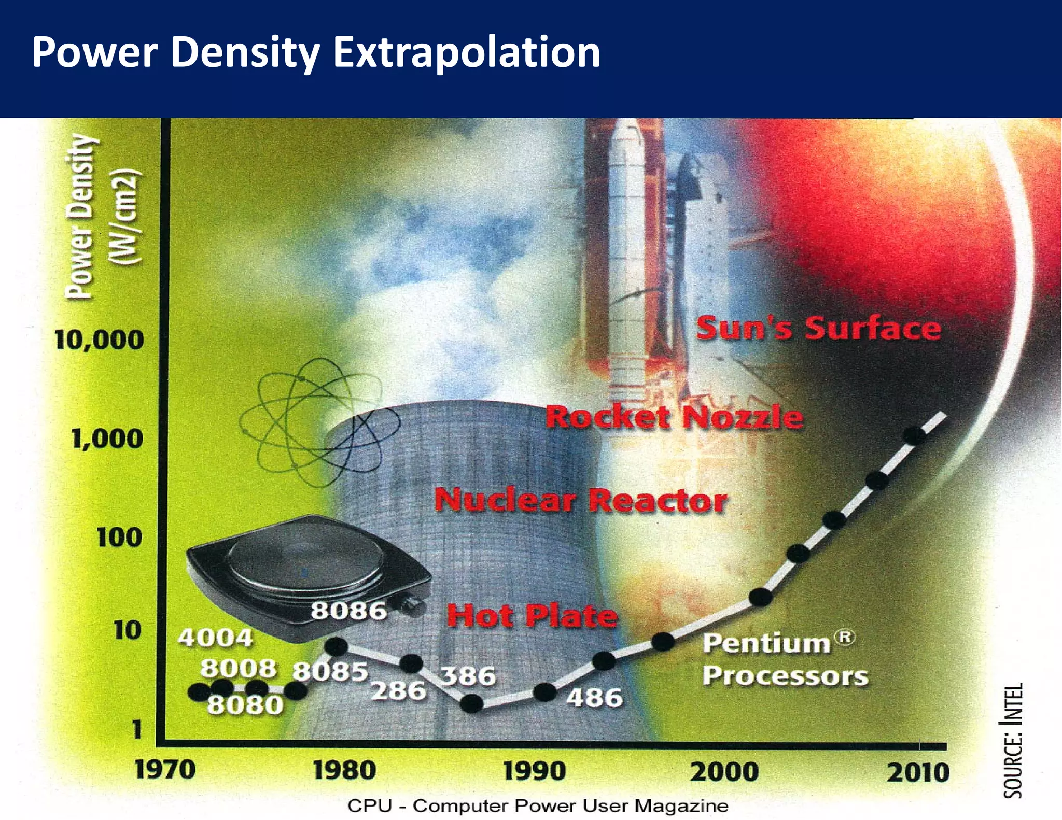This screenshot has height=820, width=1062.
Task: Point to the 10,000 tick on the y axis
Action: (x=99, y=340)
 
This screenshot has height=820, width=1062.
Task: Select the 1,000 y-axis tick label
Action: (x=107, y=439)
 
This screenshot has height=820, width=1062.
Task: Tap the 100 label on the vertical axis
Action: (x=119, y=538)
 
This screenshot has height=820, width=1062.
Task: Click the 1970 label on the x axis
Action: (x=165, y=770)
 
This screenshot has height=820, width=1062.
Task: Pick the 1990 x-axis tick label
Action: (x=534, y=771)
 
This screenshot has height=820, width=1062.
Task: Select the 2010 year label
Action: (x=918, y=773)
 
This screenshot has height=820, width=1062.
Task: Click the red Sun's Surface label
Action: (x=818, y=328)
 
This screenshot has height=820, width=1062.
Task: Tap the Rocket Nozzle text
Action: (x=674, y=418)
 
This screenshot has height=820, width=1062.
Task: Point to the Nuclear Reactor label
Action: (x=581, y=501)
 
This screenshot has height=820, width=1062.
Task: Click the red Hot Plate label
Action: (x=532, y=616)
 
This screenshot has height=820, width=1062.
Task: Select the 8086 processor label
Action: (x=348, y=611)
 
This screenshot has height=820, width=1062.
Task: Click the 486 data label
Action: (x=594, y=698)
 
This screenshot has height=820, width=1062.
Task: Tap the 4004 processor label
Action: (x=215, y=638)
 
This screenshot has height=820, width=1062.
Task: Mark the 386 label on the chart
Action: (x=468, y=676)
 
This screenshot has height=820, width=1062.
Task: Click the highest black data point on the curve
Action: (x=914, y=435)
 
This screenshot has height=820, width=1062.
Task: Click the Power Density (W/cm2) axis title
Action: (x=102, y=217)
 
